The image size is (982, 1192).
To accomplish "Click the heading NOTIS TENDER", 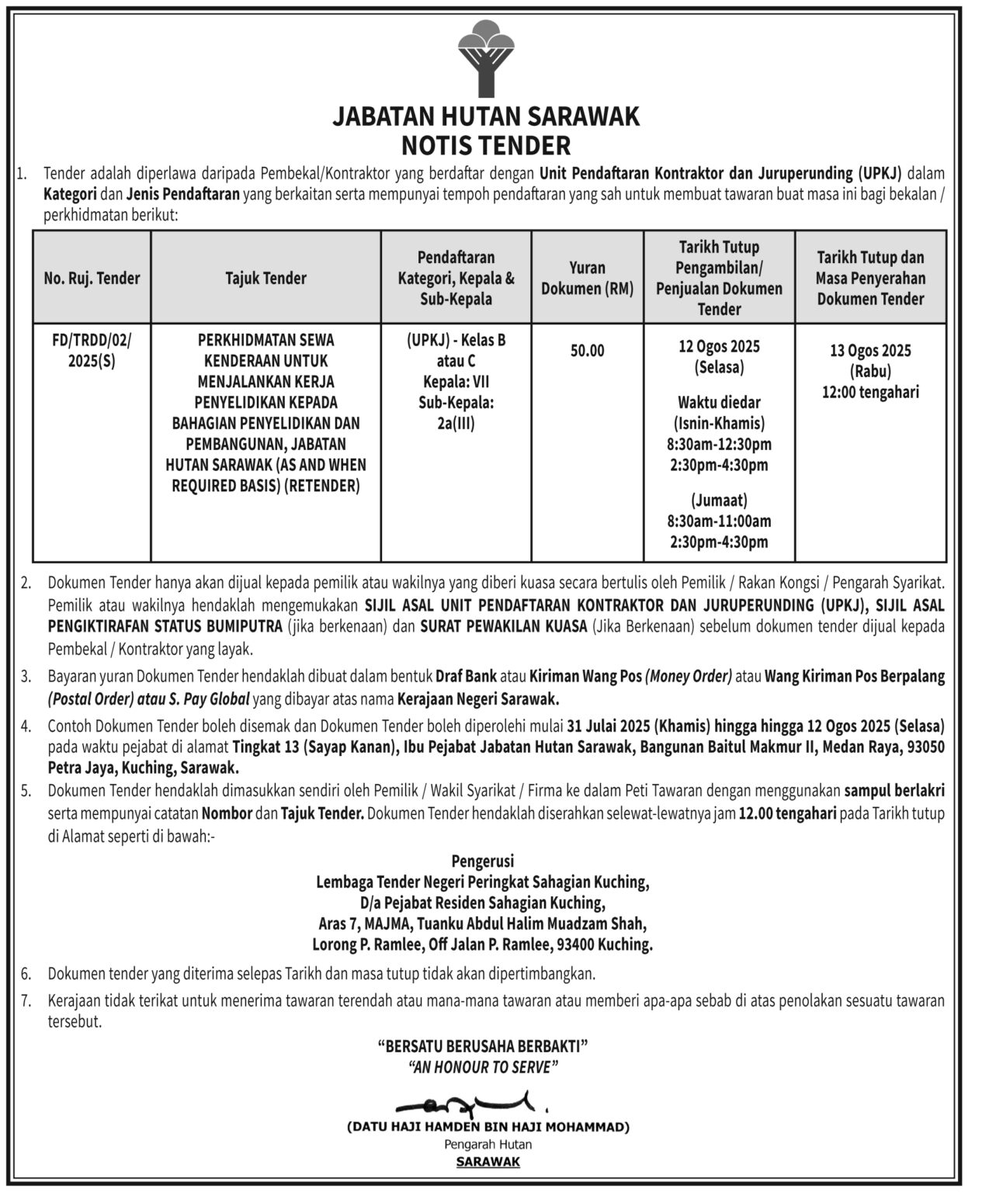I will click(486, 145).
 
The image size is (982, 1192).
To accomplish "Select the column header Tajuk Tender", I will click(265, 278).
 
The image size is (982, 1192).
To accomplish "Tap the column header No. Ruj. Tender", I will click(92, 278).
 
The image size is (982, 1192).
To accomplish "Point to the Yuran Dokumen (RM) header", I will click(587, 278).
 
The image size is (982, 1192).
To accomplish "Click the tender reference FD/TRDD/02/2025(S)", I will click(92, 350).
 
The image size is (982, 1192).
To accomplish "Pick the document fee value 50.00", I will click(587, 351).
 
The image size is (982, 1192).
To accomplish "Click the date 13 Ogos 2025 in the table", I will click(870, 351).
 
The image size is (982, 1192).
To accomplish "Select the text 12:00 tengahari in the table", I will click(870, 393).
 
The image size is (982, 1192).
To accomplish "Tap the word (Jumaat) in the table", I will click(719, 501).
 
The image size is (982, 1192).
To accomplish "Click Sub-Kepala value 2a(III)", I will click(456, 424).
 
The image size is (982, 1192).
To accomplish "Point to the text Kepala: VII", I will click(456, 382).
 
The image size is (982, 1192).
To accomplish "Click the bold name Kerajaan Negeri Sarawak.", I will click(478, 698).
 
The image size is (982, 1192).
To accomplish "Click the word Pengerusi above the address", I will click(482, 861).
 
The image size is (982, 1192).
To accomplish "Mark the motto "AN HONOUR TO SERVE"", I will click(482, 1067).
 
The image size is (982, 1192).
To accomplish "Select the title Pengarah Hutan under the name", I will click(488, 1144).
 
